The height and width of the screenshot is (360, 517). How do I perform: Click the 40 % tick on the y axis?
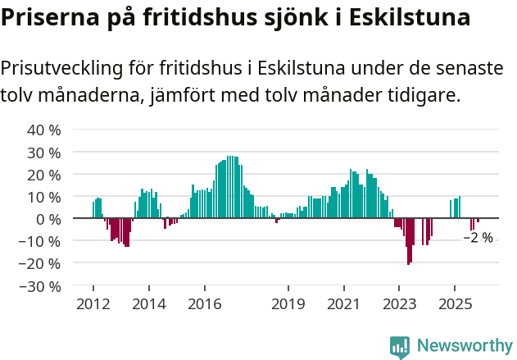(44, 130)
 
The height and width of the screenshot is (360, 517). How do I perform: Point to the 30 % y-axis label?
(44, 153)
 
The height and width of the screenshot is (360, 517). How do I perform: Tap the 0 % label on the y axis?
(48, 219)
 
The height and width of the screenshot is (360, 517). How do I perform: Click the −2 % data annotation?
(478, 238)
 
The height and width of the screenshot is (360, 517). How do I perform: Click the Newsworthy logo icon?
(400, 347)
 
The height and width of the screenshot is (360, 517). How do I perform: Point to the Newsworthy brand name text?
(465, 347)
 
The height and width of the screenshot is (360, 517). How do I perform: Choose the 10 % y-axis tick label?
(44, 197)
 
